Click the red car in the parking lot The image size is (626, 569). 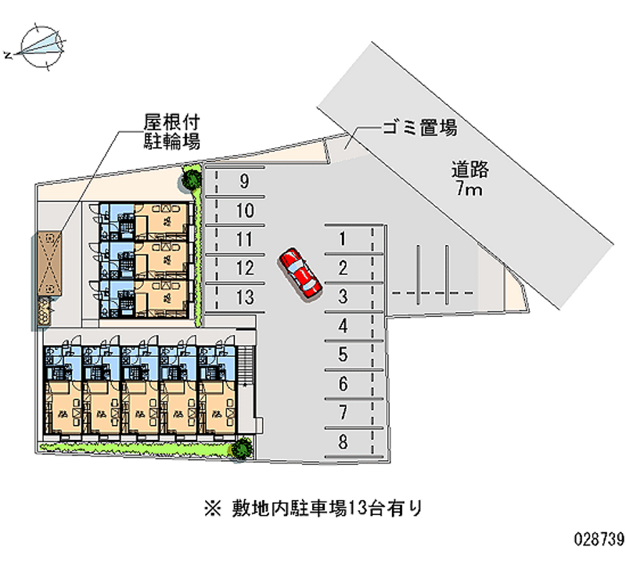click(x=300, y=272)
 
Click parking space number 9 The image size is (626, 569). click(x=244, y=182)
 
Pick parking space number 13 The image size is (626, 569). click(x=244, y=297)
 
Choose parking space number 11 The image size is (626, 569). click(x=244, y=239)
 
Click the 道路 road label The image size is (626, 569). click(x=469, y=167)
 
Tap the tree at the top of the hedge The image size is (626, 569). click(x=191, y=179)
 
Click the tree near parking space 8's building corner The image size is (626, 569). click(x=243, y=448)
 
